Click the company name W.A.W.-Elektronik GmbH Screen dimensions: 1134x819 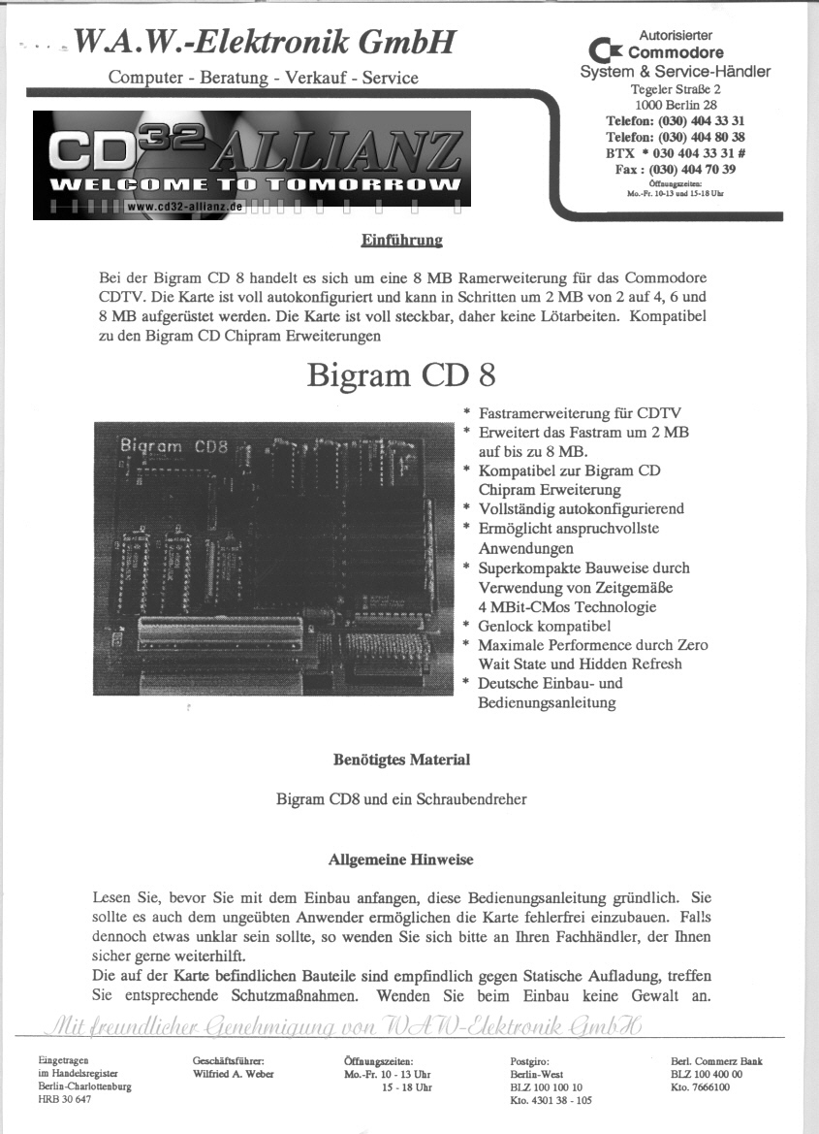coord(264,42)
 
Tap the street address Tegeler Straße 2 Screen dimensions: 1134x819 coord(676,88)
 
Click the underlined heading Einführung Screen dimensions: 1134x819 coord(401,240)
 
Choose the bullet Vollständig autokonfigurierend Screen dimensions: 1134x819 coord(581,509)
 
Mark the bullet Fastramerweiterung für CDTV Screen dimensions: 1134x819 coord(579,412)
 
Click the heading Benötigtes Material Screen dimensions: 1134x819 coord(401,760)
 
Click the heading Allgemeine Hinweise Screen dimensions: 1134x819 coord(401,859)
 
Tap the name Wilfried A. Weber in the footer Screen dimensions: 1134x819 coord(234,1074)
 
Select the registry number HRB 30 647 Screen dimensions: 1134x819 coord(66,1099)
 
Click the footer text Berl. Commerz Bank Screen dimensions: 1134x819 coord(716,1061)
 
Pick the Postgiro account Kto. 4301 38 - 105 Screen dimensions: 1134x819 coord(551,1100)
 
